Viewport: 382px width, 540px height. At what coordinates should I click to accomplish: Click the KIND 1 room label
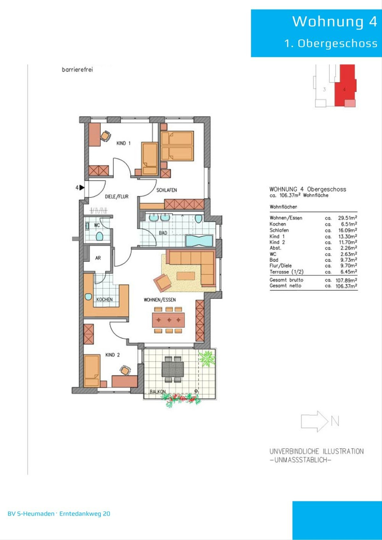[x=123, y=143]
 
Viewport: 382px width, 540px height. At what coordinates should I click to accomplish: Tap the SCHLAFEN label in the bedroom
[x=166, y=190]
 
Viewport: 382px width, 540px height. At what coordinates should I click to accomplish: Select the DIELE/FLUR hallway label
[x=117, y=196]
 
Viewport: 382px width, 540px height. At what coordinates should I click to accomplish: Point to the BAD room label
[x=163, y=233]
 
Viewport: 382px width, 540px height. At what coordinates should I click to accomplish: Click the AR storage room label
[x=98, y=258]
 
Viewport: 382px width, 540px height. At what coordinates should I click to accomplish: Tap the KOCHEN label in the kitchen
[x=104, y=299]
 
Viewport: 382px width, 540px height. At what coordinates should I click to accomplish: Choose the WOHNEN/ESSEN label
[x=160, y=300]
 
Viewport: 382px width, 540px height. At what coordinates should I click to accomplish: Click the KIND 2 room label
[x=112, y=355]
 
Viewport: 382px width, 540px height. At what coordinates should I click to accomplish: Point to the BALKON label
[x=158, y=391]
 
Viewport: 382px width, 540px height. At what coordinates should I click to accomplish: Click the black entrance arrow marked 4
[x=82, y=187]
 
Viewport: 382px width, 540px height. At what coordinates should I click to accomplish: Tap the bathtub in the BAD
[x=199, y=240]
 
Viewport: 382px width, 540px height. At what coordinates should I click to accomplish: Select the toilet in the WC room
[x=99, y=236]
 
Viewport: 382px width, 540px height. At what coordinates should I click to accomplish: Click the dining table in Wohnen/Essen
[x=168, y=320]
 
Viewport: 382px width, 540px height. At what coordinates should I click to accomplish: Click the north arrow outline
[x=315, y=421]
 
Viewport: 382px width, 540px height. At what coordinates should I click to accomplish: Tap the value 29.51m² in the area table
[x=348, y=218]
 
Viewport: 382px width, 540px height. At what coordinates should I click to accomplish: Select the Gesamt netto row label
[x=285, y=286]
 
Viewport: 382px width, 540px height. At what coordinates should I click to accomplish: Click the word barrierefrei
[x=77, y=70]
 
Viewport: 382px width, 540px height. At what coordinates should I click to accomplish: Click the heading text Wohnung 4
[x=335, y=21]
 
